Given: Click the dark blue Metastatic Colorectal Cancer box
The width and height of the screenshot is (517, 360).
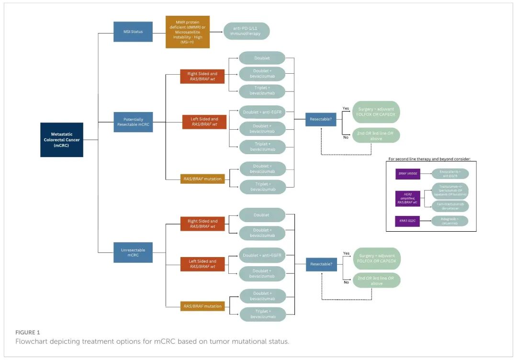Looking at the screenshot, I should pyautogui.click(x=61, y=139).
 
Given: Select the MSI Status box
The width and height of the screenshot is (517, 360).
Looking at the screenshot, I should pyautogui.click(x=133, y=32).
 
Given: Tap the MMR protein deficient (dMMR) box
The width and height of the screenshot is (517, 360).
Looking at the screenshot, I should pyautogui.click(x=188, y=32).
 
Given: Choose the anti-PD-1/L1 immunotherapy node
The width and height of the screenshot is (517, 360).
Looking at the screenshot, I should pyautogui.click(x=247, y=31).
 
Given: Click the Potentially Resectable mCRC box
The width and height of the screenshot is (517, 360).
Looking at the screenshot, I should pyautogui.click(x=133, y=122).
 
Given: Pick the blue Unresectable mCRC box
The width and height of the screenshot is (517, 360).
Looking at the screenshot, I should pyautogui.click(x=133, y=252).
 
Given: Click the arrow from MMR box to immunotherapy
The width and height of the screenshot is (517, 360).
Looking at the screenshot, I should pyautogui.click(x=216, y=32).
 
